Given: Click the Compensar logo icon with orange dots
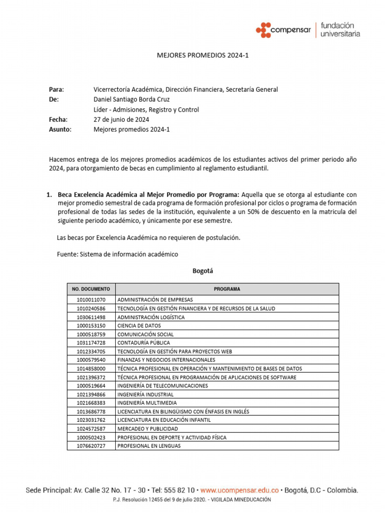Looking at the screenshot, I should point(263,30).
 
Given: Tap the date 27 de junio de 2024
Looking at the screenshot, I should point(121,120).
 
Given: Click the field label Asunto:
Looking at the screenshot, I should point(60,129).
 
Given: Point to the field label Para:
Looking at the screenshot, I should point(57,90).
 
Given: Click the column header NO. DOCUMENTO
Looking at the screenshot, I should point(91,289).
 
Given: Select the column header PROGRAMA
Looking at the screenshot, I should point(227,289).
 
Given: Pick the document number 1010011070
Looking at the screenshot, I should point(91,300).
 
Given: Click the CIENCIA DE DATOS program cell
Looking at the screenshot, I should point(139,326).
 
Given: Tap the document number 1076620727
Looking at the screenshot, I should point(91,446).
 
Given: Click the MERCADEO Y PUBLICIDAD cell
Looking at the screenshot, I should point(147,429).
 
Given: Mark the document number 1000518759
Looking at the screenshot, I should point(91,334).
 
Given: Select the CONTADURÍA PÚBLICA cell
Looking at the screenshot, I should point(143,343).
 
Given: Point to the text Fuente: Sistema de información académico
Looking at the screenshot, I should point(117,254).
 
